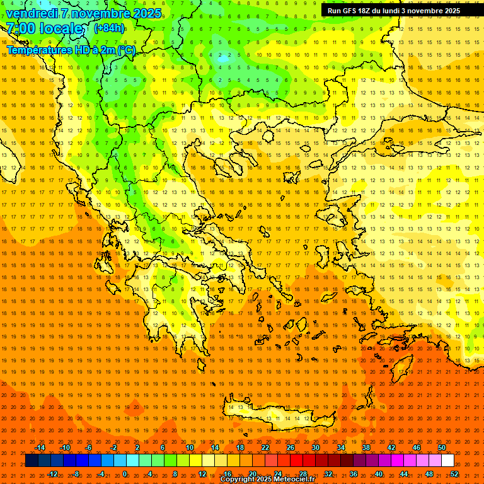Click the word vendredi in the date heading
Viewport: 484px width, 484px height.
click(32, 13)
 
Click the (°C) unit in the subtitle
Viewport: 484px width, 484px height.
click(127, 49)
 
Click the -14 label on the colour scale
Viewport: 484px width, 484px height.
click(40, 447)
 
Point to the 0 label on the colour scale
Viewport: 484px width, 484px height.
click(125, 474)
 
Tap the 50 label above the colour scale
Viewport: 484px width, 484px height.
click(442, 447)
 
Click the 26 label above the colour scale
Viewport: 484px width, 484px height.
click(291, 447)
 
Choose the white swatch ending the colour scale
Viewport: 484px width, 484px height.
click(447, 461)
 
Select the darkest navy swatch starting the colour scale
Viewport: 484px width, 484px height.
click(32, 461)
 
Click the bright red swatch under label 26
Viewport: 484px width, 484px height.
click(296, 461)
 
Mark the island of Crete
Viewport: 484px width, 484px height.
click(277, 417)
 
